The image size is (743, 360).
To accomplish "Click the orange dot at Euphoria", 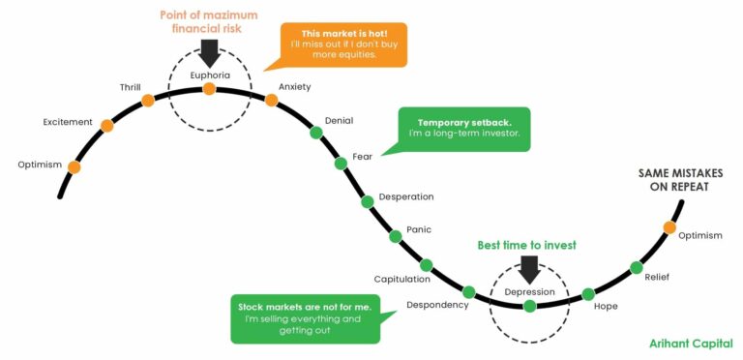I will (209, 90).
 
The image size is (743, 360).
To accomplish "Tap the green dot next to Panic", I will (395, 236).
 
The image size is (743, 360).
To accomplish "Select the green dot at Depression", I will (529, 307).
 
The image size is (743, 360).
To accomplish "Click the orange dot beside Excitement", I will (106, 126).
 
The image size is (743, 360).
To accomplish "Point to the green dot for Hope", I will (588, 294).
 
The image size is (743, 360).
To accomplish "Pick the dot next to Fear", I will (341, 164).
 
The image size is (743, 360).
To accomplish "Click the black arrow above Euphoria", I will (209, 52).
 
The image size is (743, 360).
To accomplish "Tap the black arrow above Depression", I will (529, 267).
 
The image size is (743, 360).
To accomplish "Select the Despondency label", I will (437, 305).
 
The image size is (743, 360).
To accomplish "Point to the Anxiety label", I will (294, 87).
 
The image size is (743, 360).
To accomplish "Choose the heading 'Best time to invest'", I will (526, 245).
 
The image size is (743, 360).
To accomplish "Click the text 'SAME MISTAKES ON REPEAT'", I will (681, 180).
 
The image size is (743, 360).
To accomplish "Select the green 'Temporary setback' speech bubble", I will (464, 130).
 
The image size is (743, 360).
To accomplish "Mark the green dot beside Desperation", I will (368, 201).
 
